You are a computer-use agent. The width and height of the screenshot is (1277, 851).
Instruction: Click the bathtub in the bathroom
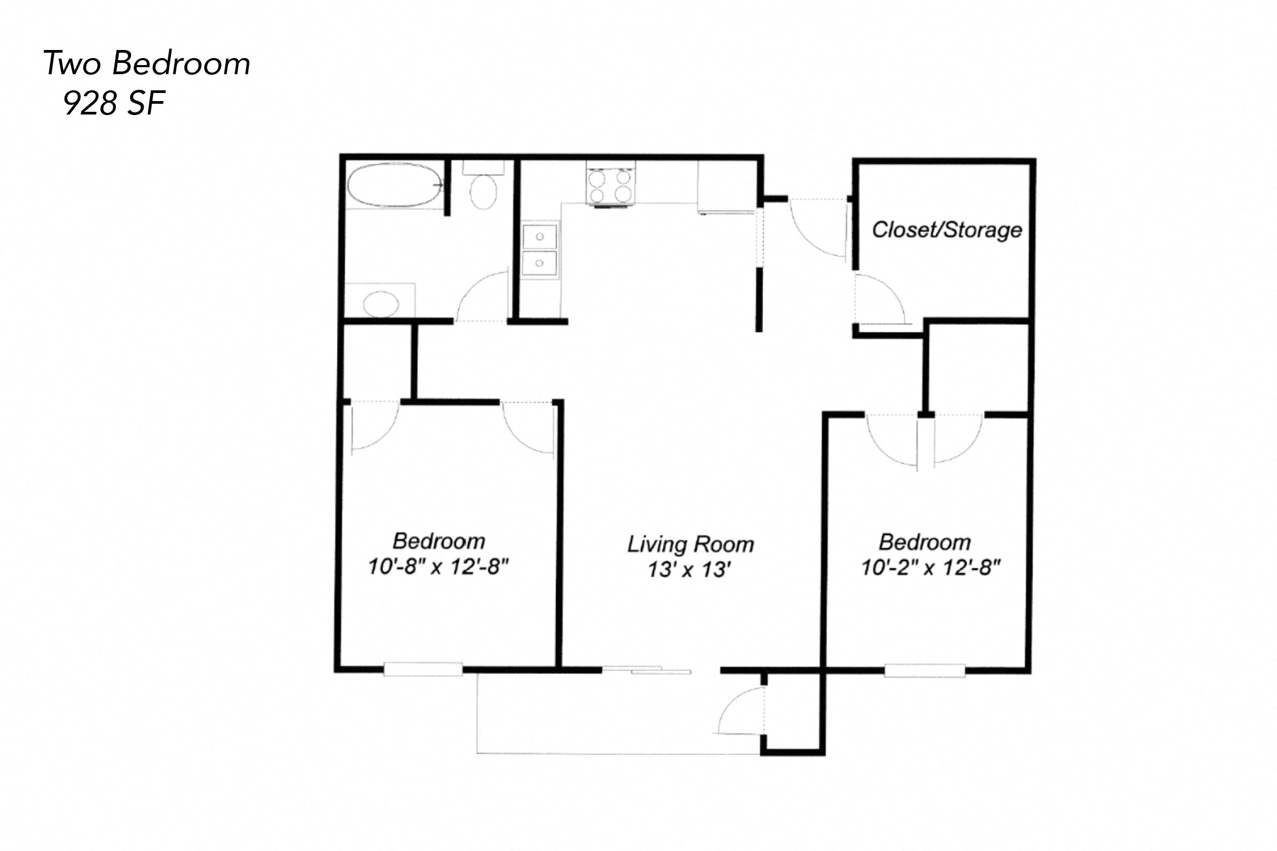395,185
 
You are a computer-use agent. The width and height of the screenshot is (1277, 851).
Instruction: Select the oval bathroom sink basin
381,303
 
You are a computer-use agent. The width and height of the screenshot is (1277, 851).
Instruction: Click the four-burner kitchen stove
611,185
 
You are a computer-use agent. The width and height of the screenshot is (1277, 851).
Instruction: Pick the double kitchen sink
539,250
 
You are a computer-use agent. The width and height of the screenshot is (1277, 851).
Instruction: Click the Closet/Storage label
946,230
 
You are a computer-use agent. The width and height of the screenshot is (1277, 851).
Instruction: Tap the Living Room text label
690,545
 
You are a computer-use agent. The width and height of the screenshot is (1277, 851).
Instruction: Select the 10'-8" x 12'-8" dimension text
438,567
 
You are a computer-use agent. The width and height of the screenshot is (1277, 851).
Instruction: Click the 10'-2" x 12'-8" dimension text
931,568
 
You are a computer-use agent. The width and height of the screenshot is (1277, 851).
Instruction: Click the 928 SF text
114,103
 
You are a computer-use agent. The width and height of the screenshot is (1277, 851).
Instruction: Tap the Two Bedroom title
147,63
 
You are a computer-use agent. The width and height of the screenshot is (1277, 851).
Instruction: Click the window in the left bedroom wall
423,669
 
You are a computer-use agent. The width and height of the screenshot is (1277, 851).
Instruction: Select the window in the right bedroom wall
924,671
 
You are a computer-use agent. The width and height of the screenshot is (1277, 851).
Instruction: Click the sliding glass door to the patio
646,670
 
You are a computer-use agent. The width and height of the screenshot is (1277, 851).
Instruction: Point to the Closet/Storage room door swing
879,298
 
